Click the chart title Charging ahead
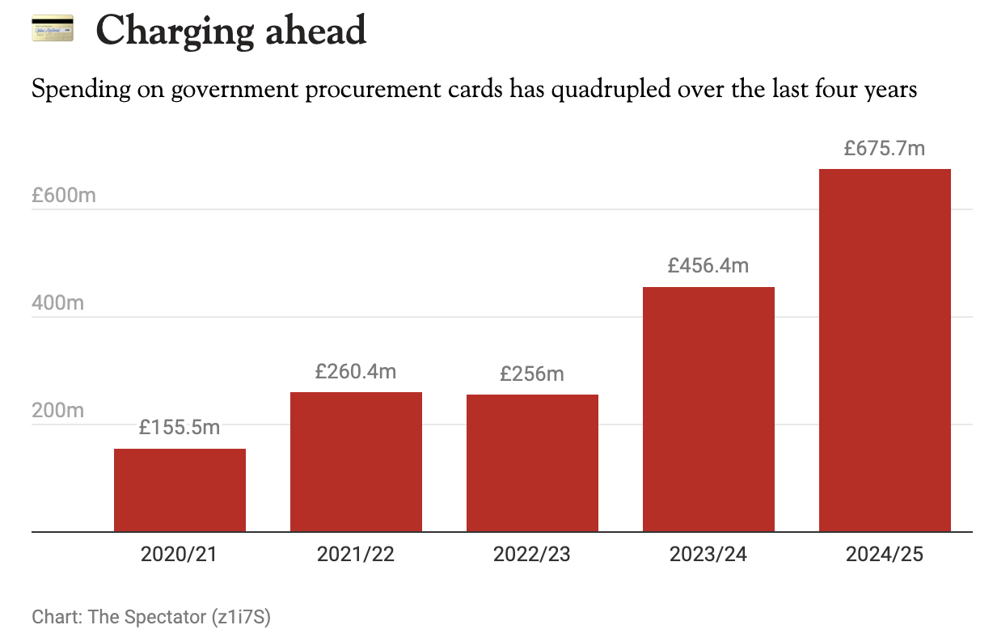[x=230, y=31]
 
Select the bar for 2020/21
[x=180, y=490]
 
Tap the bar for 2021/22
[x=356, y=462]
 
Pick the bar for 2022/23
[x=532, y=463]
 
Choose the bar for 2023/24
[x=708, y=409]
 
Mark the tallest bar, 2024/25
[x=885, y=350]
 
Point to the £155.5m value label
[x=180, y=428]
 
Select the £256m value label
[x=532, y=374]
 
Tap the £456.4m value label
[x=708, y=265]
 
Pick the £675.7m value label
[x=885, y=148]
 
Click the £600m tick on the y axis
[x=63, y=195]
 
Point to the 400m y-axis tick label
[x=57, y=303]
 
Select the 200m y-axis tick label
[x=57, y=411]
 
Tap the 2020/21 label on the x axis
[x=180, y=555]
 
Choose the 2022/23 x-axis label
[x=532, y=555]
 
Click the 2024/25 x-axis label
[x=885, y=555]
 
